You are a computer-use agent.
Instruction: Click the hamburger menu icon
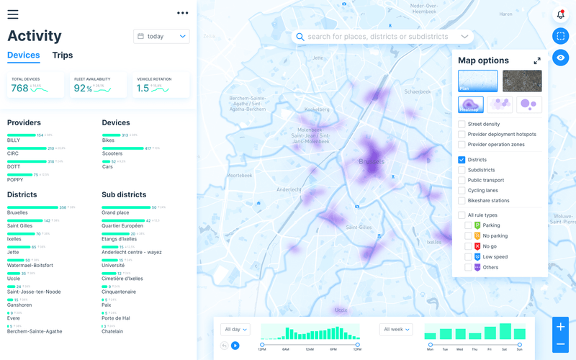tap(13, 14)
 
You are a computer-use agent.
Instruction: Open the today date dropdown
tap(161, 36)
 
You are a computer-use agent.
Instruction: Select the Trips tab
tap(63, 55)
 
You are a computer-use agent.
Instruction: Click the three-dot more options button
tap(182, 13)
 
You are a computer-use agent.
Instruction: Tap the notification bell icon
tap(561, 14)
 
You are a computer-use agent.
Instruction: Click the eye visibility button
tap(561, 58)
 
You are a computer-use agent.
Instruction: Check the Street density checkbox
tap(462, 125)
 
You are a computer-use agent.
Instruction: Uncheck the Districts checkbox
tap(462, 160)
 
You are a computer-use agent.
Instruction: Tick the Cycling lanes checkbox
tap(462, 190)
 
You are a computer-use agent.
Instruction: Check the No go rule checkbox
tap(469, 246)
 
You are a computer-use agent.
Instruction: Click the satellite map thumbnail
tap(522, 81)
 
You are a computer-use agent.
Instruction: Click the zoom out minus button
tap(561, 345)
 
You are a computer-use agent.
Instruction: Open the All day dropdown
tap(236, 329)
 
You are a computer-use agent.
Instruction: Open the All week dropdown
tap(396, 329)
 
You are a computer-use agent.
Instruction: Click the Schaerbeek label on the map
tap(418, 92)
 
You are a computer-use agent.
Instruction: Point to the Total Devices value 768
tap(19, 89)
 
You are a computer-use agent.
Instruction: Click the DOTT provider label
tap(14, 167)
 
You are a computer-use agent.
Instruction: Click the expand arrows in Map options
tap(537, 61)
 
